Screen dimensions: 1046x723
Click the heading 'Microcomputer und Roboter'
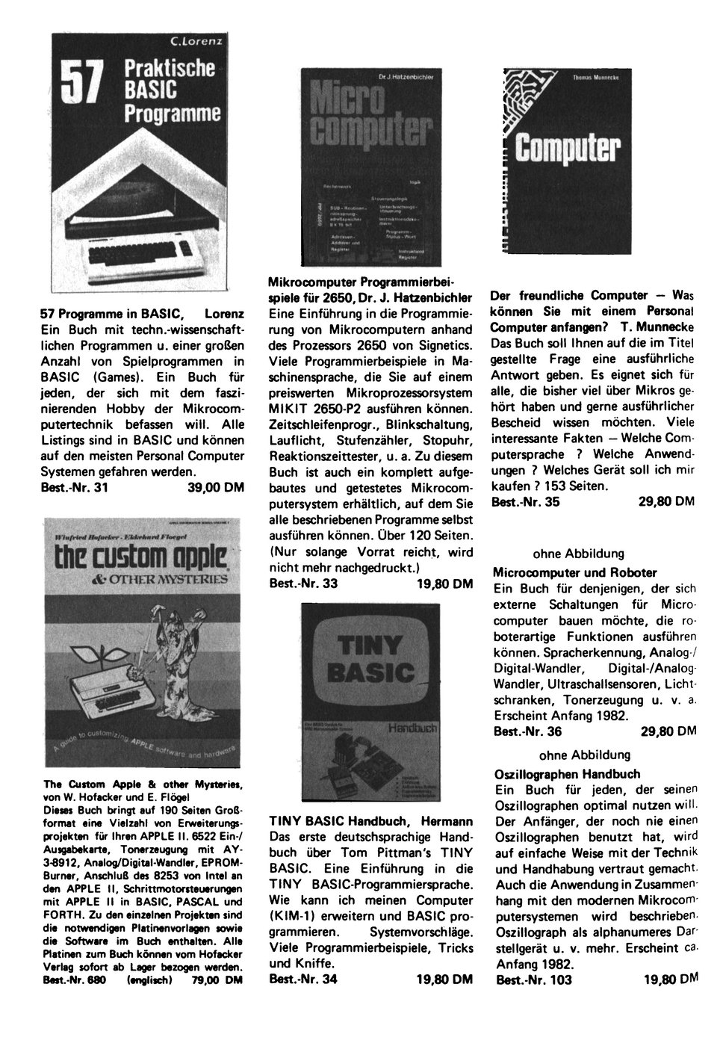click(574, 572)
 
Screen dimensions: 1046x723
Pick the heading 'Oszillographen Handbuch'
click(568, 773)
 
